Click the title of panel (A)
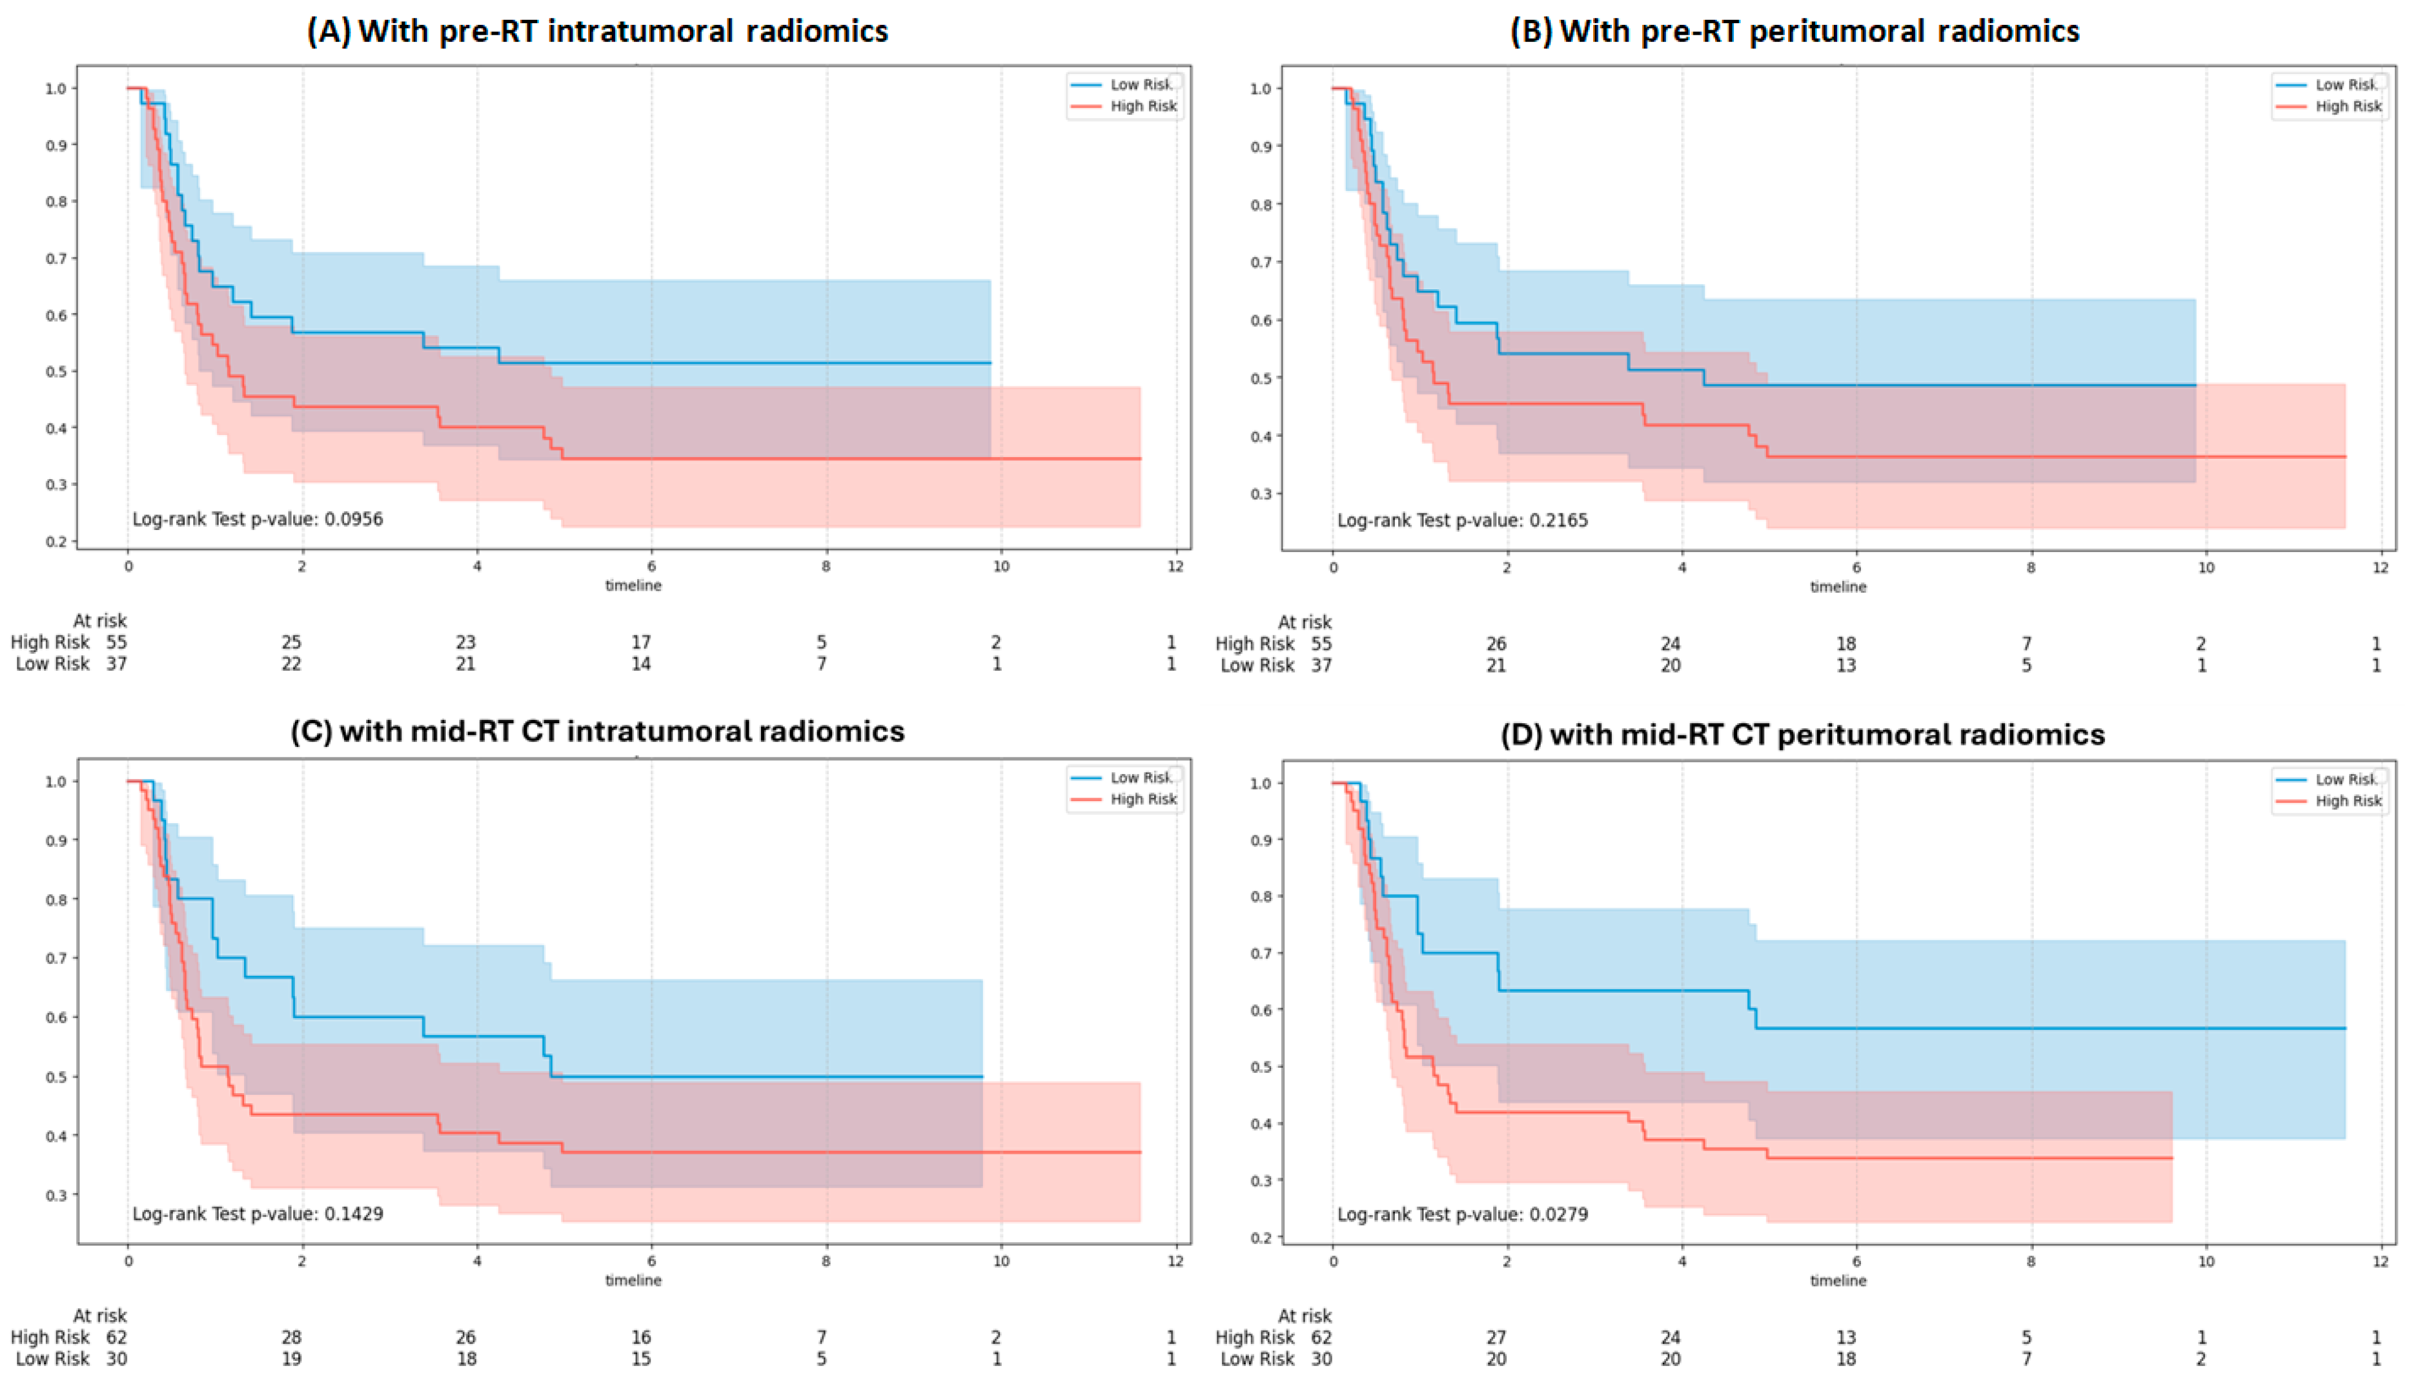point(596,31)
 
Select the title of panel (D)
point(1802,734)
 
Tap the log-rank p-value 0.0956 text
point(257,518)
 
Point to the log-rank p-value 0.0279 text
point(1462,1214)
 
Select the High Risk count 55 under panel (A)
point(117,642)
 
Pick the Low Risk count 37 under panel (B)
point(1321,665)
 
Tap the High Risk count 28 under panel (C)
point(290,1337)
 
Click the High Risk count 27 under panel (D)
point(1496,1337)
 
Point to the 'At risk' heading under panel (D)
point(1304,1316)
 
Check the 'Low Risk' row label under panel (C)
point(52,1358)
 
